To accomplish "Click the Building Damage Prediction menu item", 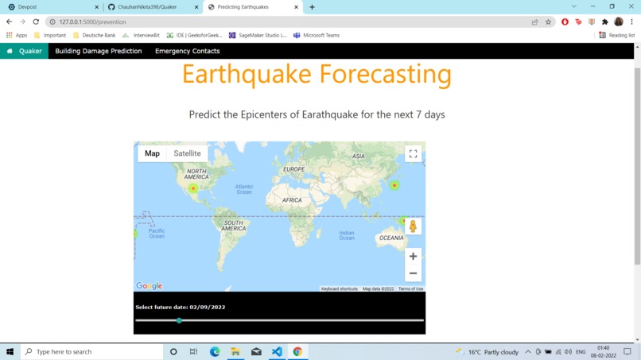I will (x=98, y=51).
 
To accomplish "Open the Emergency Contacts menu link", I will (x=187, y=51).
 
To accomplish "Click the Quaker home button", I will (x=25, y=51).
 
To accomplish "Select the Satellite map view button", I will (x=187, y=153).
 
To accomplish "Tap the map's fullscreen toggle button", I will (x=413, y=154).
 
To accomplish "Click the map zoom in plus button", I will (x=413, y=256).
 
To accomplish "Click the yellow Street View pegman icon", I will (x=413, y=226).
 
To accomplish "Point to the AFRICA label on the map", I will (x=292, y=200).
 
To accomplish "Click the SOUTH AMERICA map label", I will (x=233, y=226).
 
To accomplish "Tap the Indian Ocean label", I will (x=347, y=234).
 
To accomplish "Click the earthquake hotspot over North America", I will (x=192, y=188).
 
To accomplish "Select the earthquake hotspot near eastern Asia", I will (x=394, y=185).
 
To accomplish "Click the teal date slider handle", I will (x=179, y=320).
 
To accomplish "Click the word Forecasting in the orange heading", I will (x=385, y=75).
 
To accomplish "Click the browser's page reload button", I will (x=36, y=21).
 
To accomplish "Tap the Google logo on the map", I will (x=149, y=286).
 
